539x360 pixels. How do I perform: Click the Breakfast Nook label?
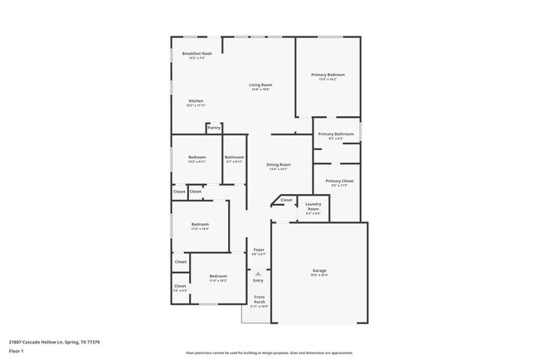[x=197, y=54]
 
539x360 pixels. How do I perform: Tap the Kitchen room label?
[x=196, y=101]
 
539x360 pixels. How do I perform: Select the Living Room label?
[x=261, y=85]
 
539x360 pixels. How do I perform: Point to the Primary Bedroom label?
[x=328, y=75]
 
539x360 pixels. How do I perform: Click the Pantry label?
[x=214, y=128]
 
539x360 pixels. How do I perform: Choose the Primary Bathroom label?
[x=336, y=134]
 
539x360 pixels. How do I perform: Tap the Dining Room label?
[x=279, y=165]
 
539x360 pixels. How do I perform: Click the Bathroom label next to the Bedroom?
[x=234, y=158]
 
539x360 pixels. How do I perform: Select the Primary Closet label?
[x=339, y=181]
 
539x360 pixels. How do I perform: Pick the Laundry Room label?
[x=313, y=207]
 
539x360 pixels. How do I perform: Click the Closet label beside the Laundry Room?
[x=286, y=200]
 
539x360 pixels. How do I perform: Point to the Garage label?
[x=319, y=271]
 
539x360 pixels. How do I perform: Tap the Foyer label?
[x=259, y=250]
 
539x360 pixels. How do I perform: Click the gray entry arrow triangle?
[x=258, y=273]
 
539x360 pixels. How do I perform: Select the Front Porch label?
[x=260, y=299]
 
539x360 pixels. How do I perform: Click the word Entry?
[x=258, y=280]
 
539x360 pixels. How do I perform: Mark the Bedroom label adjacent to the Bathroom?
[x=197, y=158]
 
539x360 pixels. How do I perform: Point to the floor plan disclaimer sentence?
[x=269, y=352]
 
